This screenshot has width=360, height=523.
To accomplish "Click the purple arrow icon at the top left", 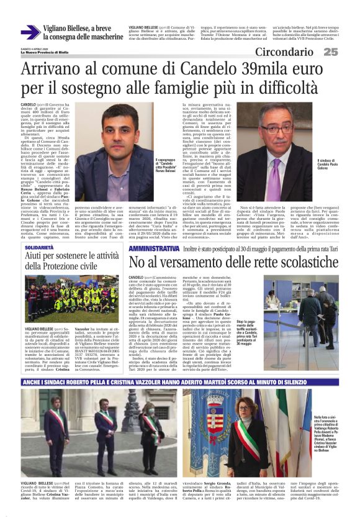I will [30, 32].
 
